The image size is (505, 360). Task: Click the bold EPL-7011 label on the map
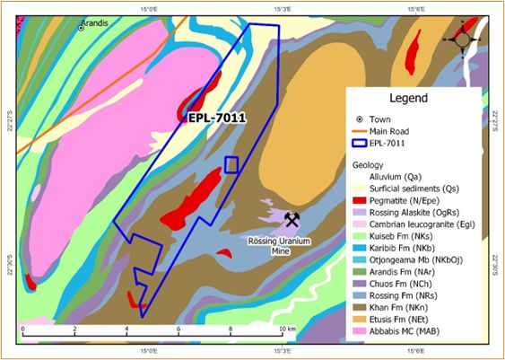point(216,117)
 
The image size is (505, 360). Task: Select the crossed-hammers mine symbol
point(292,218)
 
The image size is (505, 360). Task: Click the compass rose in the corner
point(464,39)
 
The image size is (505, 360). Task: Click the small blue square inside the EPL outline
point(231,164)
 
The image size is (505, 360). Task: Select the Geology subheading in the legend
point(374,165)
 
